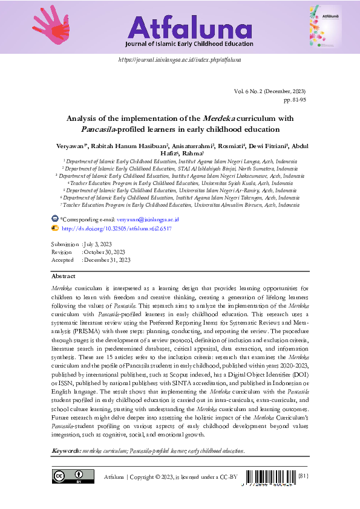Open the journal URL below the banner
point(180,60)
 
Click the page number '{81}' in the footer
point(303,476)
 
